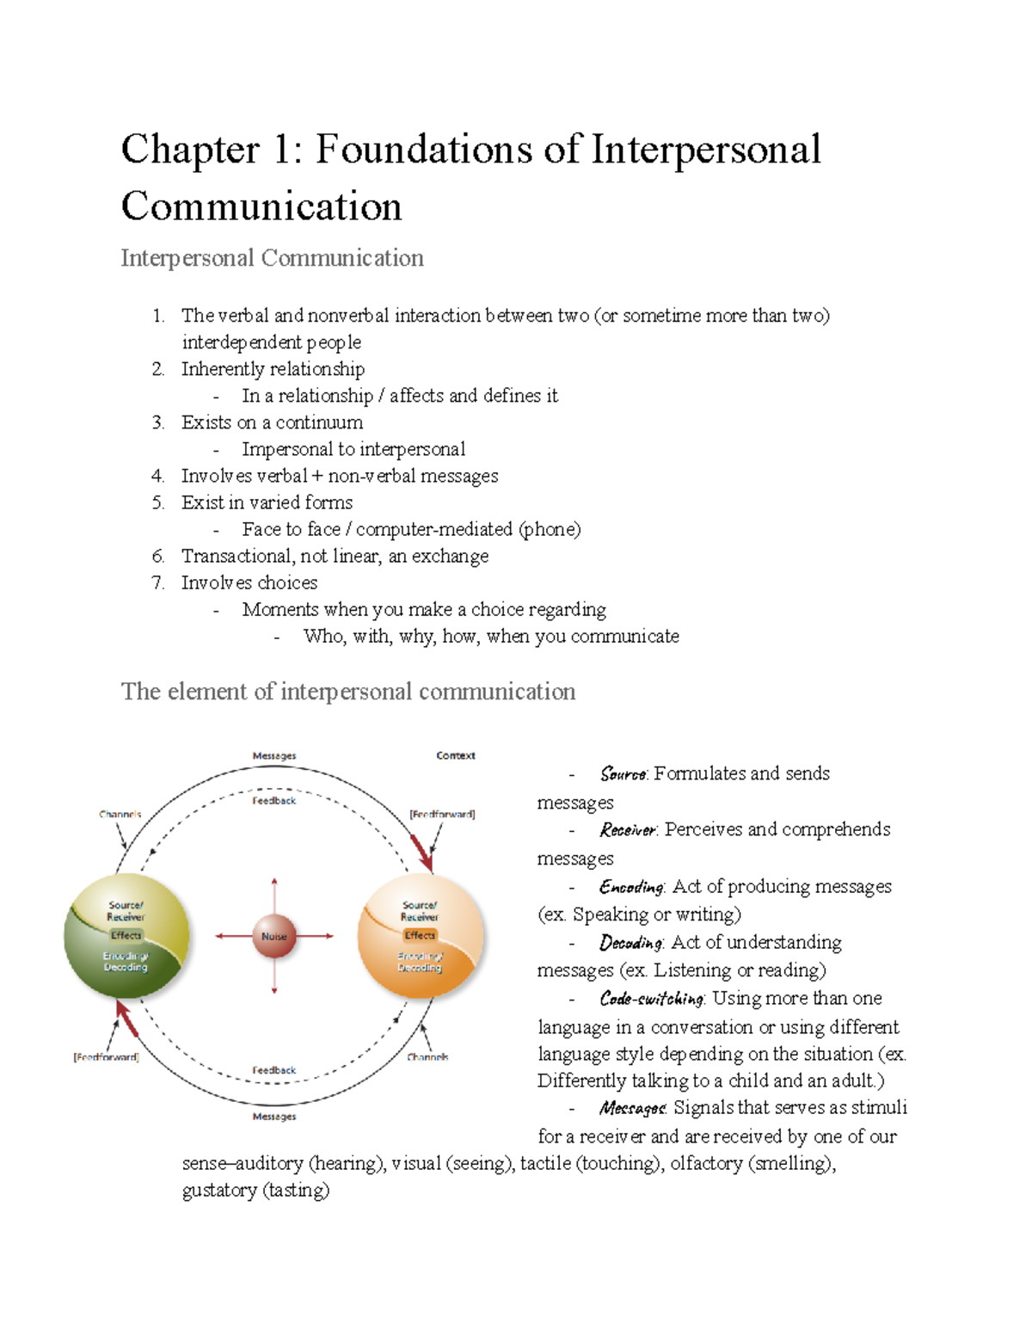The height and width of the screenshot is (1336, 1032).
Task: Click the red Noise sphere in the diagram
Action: (273, 936)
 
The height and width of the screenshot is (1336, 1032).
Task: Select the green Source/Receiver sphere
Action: (126, 936)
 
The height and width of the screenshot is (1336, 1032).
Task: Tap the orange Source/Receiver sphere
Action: (421, 936)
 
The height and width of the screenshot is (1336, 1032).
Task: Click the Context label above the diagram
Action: (455, 755)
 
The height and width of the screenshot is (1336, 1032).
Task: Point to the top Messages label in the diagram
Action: (273, 755)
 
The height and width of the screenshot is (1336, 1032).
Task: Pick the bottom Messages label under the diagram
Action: (273, 1116)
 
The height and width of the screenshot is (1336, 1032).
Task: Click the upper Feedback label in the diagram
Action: (273, 801)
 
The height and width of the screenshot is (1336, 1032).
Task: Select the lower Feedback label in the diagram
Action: (273, 1070)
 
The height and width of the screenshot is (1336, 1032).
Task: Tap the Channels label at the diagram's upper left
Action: (120, 814)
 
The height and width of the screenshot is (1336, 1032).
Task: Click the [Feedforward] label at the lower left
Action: (106, 1056)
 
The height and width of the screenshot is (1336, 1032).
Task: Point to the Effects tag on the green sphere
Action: (126, 935)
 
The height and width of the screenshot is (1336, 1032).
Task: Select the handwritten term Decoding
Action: (631, 943)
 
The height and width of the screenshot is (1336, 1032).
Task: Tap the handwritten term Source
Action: (623, 774)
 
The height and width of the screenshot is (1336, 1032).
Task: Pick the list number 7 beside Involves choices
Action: (157, 582)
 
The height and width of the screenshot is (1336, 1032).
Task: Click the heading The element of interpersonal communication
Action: (348, 692)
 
